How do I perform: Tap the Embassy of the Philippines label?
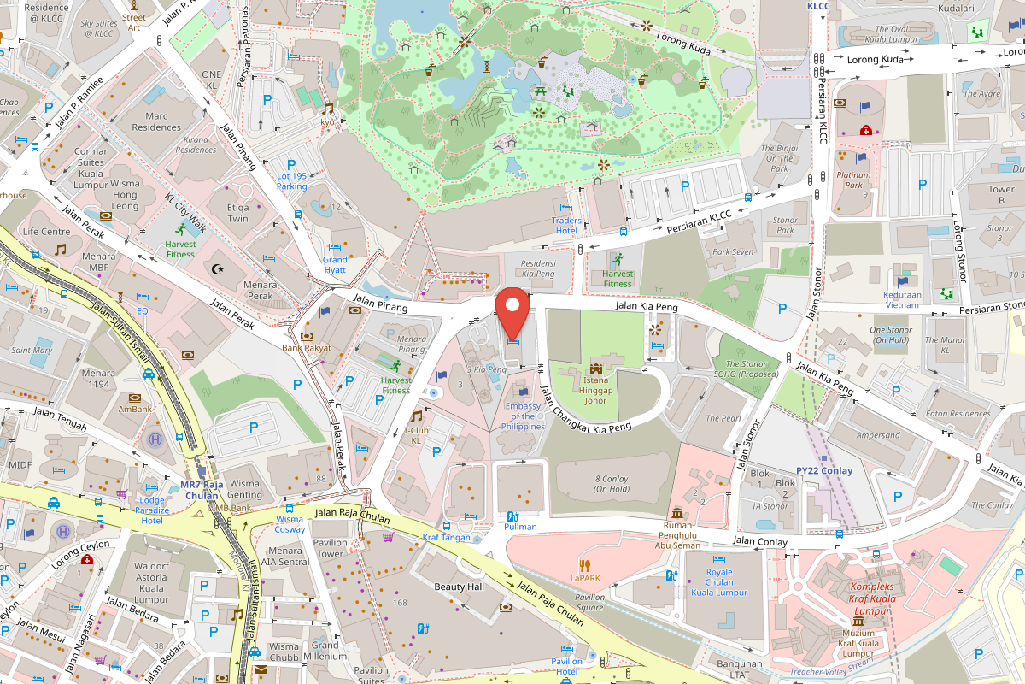[524, 416]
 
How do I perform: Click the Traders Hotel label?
[565, 226]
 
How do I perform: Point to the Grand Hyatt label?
[335, 264]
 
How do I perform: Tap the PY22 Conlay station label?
[823, 470]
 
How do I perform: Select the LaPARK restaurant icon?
[585, 564]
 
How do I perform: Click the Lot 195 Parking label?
[291, 181]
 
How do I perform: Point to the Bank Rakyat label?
[306, 348]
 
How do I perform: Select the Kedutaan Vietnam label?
[902, 299]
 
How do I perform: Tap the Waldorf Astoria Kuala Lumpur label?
[138, 576]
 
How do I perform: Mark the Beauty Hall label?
[459, 587]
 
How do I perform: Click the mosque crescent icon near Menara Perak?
[218, 269]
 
